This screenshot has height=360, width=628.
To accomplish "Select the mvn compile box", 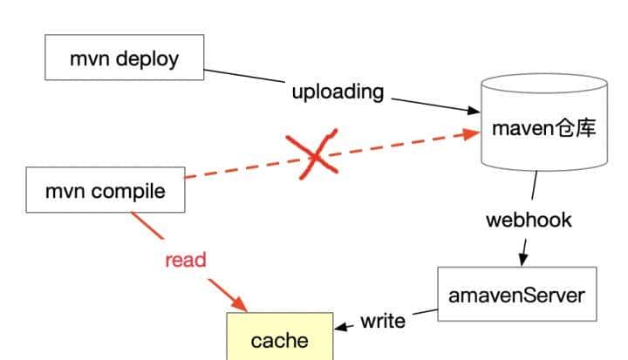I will [105, 191].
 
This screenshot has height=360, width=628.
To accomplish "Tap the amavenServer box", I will [517, 295].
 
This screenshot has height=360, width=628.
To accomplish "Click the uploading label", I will [337, 92].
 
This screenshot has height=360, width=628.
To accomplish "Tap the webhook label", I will [529, 219].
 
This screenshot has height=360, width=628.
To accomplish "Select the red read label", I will [185, 259].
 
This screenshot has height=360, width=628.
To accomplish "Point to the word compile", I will [130, 191].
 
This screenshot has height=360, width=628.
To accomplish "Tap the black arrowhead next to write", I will [342, 326].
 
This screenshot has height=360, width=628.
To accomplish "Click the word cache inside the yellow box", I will [280, 340].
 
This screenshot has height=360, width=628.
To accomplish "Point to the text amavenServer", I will [517, 295].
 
